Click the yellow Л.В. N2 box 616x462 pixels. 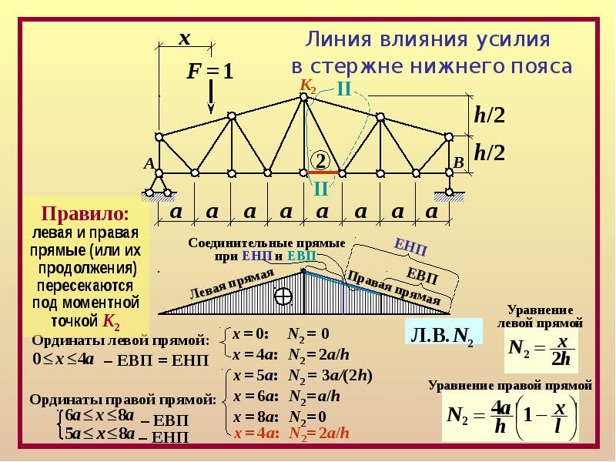tap(443, 335)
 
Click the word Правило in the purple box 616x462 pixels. tap(85, 213)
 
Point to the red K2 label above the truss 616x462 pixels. tap(308, 85)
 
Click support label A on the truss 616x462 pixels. tap(149, 163)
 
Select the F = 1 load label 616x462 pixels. tap(209, 72)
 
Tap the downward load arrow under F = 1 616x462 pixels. tap(211, 100)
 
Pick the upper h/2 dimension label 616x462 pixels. tap(489, 115)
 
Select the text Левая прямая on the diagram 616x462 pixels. tap(231, 285)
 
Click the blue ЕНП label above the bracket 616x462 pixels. tap(410, 247)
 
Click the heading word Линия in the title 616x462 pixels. tap(334, 38)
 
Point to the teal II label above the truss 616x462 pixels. tap(343, 89)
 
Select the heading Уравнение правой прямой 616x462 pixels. tap(511, 383)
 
